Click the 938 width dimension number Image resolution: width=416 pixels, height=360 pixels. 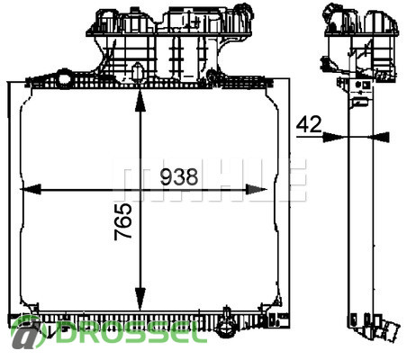(x=179, y=177)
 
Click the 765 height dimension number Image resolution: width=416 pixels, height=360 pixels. (x=123, y=221)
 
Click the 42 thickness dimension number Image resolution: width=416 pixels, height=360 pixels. (x=309, y=124)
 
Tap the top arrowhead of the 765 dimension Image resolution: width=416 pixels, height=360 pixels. (x=140, y=101)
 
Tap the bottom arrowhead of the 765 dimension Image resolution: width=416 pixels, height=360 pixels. (x=140, y=299)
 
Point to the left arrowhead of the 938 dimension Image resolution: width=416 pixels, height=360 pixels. (x=31, y=189)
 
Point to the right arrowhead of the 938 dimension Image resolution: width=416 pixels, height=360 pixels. (x=256, y=189)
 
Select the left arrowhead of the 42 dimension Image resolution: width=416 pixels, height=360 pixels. (x=333, y=137)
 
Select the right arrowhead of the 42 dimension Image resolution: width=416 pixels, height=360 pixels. (x=379, y=137)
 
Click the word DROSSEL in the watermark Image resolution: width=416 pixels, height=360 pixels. (x=131, y=332)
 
